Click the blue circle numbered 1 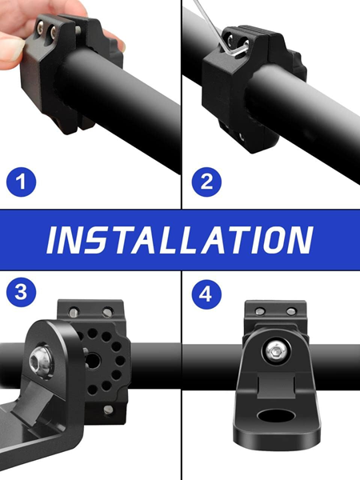[x=21, y=182]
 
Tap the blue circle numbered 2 [x=206, y=182]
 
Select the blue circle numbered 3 [x=21, y=292]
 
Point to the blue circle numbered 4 [x=206, y=294]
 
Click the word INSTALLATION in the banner [x=180, y=240]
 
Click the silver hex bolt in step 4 [x=276, y=352]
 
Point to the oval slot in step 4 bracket [x=276, y=416]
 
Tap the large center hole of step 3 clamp [x=92, y=361]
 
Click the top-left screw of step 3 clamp [x=74, y=312]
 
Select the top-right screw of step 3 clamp [x=108, y=312]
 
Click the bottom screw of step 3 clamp [x=108, y=410]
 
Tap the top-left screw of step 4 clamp [x=260, y=312]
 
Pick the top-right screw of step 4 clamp [x=291, y=312]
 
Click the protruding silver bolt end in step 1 [x=78, y=30]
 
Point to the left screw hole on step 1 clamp [x=41, y=29]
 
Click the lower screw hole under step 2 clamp [x=242, y=137]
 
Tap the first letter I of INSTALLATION [x=52, y=240]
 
